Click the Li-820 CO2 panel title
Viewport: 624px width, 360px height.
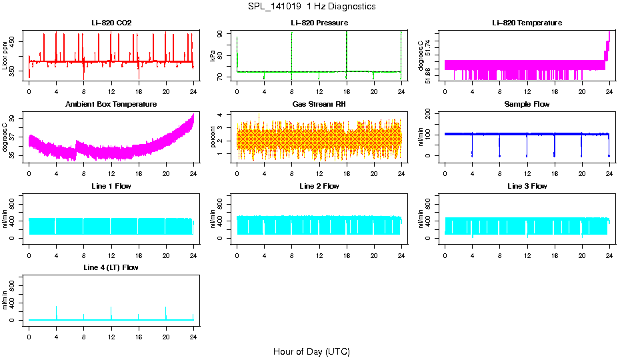(111, 23)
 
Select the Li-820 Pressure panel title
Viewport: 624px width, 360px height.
(319, 23)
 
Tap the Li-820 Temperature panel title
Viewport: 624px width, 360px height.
(527, 23)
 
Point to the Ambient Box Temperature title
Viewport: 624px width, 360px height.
(111, 105)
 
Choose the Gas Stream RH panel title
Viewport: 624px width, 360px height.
(319, 105)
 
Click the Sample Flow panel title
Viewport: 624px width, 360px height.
(527, 105)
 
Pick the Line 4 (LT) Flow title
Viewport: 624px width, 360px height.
(111, 267)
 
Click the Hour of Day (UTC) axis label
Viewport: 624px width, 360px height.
(311, 351)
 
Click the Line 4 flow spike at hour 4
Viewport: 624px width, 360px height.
(56, 311)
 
